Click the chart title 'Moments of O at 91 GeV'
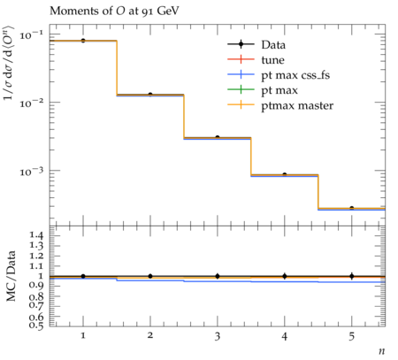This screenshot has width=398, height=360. tap(114, 11)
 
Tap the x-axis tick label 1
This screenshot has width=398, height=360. tap(83, 335)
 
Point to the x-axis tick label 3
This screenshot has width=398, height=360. tap(218, 336)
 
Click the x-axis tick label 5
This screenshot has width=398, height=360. tap(351, 336)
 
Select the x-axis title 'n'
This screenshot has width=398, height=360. tap(382, 351)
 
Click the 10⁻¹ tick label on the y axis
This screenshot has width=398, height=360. tap(31, 35)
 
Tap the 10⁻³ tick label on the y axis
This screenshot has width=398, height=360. tap(31, 172)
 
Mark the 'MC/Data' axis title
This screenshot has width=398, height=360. tap(11, 276)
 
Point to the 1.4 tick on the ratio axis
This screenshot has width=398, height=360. tap(37, 235)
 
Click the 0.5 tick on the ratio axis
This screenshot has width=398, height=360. tap(37, 325)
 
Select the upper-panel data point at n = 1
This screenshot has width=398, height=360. tap(83, 41)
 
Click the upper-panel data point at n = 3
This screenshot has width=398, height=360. tap(218, 137)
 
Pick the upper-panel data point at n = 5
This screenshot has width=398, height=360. tap(351, 208)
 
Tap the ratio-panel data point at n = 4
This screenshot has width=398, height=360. tap(285, 276)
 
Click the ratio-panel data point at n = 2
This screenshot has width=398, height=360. tap(150, 276)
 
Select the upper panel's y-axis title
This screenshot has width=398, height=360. tap(9, 63)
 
